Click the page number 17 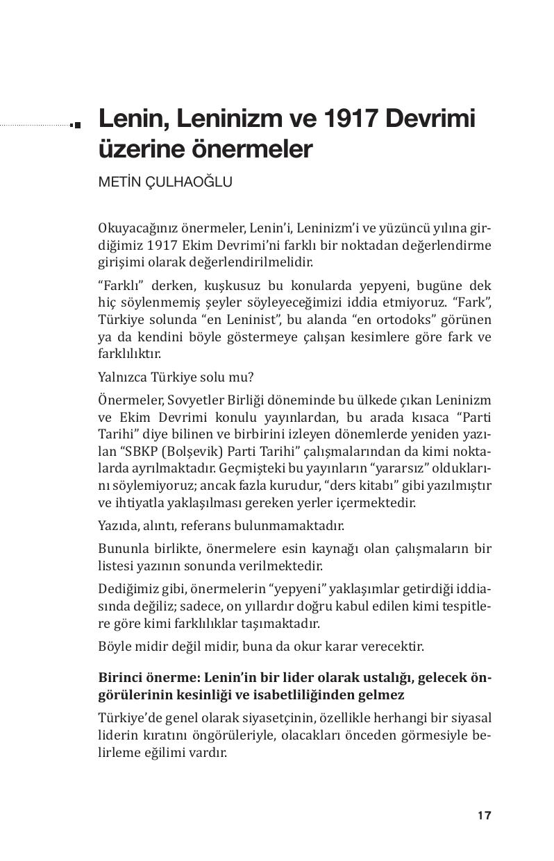click(484, 815)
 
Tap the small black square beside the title click(76, 125)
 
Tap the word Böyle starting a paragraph click(114, 646)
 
